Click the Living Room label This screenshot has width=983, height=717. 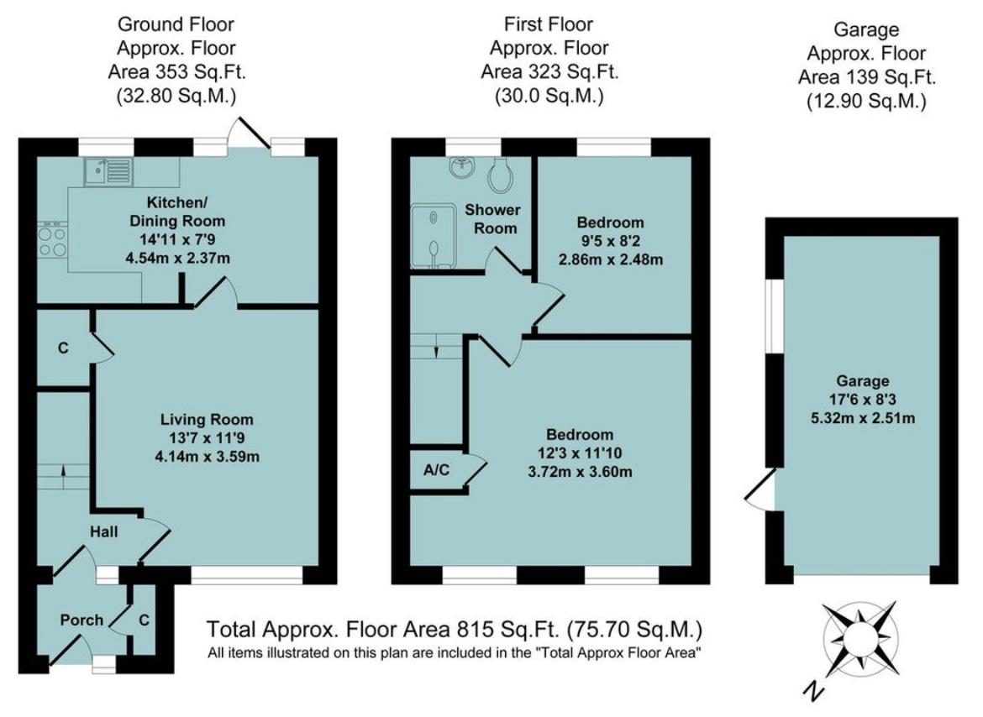click(207, 419)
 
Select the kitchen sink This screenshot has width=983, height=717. click(107, 172)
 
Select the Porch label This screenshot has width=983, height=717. click(81, 620)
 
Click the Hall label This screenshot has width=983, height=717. click(105, 531)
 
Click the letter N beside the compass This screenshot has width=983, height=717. click(811, 689)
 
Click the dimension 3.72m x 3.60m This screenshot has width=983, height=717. click(579, 471)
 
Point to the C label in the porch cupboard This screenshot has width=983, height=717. click(144, 620)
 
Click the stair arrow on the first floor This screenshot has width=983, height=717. click(436, 347)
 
